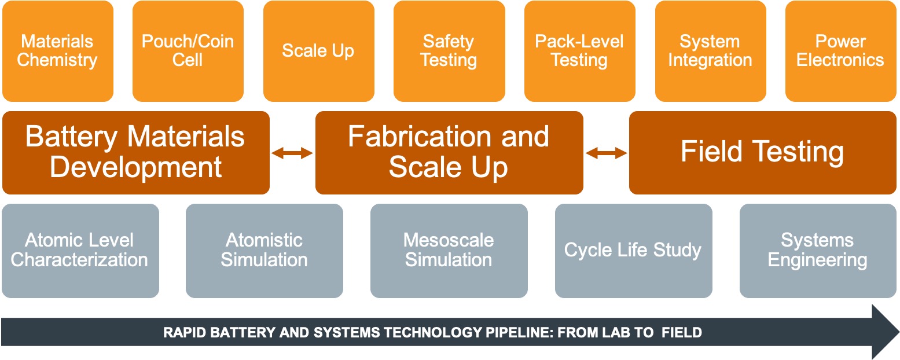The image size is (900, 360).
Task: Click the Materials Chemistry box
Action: click(x=57, y=51)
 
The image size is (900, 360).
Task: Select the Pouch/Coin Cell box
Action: click(x=188, y=51)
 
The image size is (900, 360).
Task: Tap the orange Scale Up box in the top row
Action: click(x=318, y=51)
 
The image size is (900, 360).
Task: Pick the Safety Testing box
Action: click(x=449, y=51)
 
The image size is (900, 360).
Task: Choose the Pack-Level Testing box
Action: click(x=579, y=51)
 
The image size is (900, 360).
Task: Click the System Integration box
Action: click(x=710, y=51)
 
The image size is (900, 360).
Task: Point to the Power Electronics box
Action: click(x=840, y=51)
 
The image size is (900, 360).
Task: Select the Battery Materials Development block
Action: click(x=136, y=153)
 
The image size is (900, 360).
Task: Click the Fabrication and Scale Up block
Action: click(x=449, y=153)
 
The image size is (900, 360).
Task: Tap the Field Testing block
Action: click(x=762, y=153)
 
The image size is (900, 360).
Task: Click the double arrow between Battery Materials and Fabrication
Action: click(x=292, y=153)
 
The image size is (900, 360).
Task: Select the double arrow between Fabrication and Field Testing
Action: click(x=606, y=153)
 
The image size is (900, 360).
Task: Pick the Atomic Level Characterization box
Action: click(x=80, y=251)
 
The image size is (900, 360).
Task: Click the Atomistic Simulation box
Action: click(x=264, y=251)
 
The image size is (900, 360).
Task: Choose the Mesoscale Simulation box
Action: click(x=449, y=251)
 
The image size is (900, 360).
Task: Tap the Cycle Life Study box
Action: click(x=633, y=251)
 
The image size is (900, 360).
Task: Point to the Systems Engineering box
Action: click(x=817, y=251)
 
